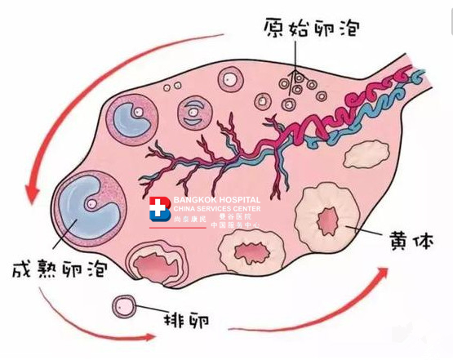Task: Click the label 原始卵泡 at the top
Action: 312,28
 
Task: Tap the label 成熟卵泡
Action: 60,269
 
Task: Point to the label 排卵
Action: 186,320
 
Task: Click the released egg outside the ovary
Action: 124,306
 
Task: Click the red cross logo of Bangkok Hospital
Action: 160,209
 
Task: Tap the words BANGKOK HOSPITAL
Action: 216,200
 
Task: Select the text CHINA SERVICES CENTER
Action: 216,209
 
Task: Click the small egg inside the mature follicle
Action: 91,204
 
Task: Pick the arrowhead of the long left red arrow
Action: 32,193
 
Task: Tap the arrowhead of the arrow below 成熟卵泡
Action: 149,337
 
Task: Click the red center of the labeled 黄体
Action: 328,220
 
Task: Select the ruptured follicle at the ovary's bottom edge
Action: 156,264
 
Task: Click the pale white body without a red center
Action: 366,153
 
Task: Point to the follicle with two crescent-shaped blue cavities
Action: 194,111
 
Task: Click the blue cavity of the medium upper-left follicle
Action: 130,120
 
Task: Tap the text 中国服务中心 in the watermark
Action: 235,224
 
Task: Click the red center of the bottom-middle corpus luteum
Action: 251,253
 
